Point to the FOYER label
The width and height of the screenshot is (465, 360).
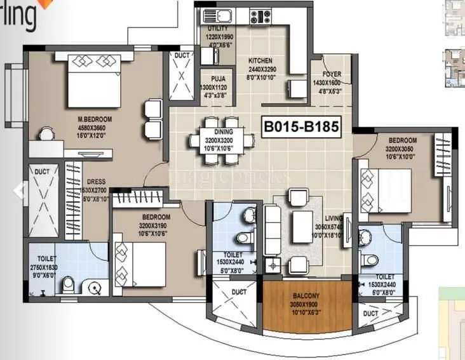pyautogui.click(x=331, y=74)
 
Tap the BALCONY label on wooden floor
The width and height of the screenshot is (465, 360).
pyautogui.click(x=307, y=295)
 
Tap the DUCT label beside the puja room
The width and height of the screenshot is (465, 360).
pyautogui.click(x=182, y=56)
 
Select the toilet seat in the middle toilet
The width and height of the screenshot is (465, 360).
pyautogui.click(x=243, y=239)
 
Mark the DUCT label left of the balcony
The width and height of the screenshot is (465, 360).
pyautogui.click(x=239, y=292)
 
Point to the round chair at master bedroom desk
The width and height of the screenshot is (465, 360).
pyautogui.click(x=46, y=134)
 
